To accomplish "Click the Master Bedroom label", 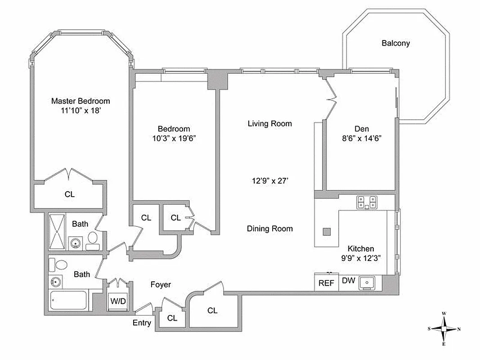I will [x=80, y=101].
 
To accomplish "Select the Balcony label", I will [x=395, y=43].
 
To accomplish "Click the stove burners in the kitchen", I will [x=366, y=202].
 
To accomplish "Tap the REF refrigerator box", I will [x=326, y=283].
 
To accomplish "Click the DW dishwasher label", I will [x=348, y=281].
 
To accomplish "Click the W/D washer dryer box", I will [x=118, y=301].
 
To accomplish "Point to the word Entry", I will [x=142, y=323].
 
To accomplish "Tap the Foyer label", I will [x=161, y=284].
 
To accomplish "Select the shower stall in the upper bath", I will [x=57, y=231].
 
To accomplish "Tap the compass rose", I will [x=444, y=328].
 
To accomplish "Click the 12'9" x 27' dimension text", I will [x=269, y=181].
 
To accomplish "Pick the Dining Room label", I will [x=269, y=229].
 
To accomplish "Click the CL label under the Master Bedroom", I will [x=69, y=194].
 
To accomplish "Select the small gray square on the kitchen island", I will [x=327, y=232].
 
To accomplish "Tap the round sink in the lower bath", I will [x=56, y=283].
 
